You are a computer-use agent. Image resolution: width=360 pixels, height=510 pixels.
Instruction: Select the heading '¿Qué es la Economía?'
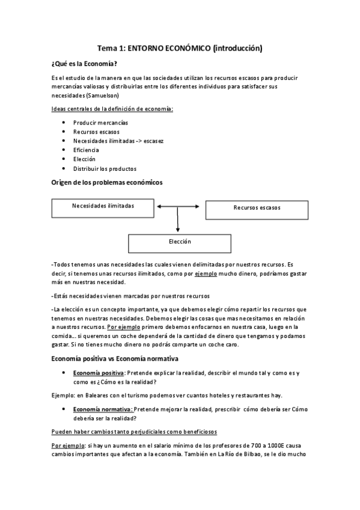(85, 63)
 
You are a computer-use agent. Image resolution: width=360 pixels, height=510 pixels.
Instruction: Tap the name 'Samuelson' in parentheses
(103, 95)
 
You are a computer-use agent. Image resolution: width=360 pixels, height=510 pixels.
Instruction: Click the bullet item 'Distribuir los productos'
(105, 168)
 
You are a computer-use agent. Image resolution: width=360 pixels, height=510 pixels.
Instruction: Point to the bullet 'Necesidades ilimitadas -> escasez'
(118, 141)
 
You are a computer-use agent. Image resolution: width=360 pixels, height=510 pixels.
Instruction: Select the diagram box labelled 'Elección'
(180, 242)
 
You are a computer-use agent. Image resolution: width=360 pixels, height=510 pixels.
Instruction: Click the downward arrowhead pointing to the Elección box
(178, 229)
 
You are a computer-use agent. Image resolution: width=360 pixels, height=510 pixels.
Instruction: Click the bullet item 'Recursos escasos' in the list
(96, 132)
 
